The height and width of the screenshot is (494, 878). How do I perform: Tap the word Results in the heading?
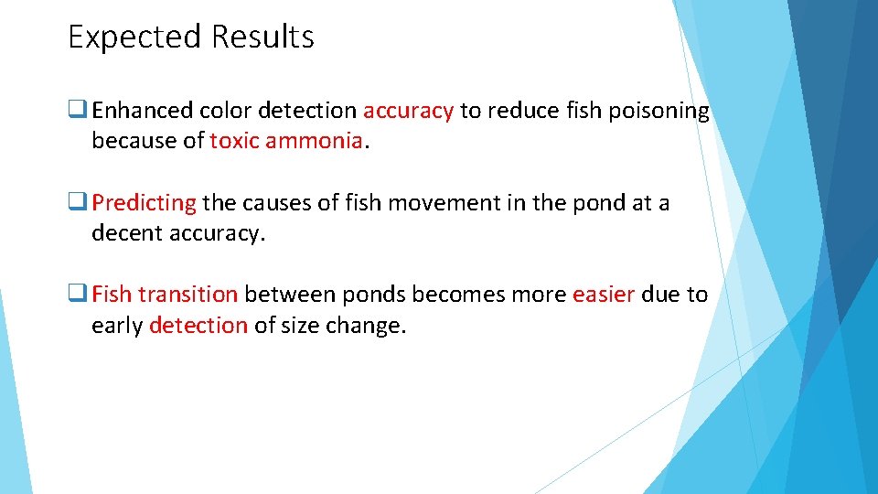pos(262,38)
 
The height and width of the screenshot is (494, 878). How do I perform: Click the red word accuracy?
pos(408,112)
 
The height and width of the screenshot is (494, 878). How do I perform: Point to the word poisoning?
pos(652,112)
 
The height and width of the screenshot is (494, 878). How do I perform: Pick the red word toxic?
pos(234,142)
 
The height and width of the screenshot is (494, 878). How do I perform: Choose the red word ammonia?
pos(315,142)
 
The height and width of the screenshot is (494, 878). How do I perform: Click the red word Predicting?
pos(144,203)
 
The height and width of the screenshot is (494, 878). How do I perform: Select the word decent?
pos(127,233)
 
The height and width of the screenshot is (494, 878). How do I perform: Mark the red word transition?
pos(187,295)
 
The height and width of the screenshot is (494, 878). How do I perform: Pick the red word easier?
pos(603,295)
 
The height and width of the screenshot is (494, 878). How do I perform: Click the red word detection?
pos(198,325)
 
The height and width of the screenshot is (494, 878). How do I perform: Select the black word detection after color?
pos(307,112)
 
